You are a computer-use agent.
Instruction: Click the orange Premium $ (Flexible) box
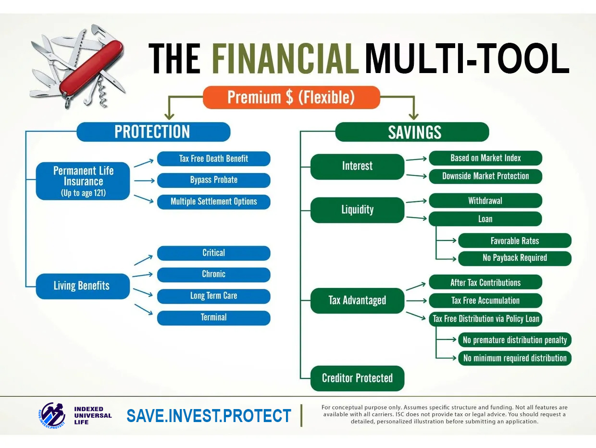291,97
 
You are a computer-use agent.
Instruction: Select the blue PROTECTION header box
153,132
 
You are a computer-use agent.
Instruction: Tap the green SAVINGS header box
412,132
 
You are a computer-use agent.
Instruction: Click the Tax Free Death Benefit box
214,159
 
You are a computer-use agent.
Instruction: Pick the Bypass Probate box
214,180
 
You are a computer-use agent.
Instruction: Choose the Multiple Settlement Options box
214,202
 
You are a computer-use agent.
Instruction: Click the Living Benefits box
83,286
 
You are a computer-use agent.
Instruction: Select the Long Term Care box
214,296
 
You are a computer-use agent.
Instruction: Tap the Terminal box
214,318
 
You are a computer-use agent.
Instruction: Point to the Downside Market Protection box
485,176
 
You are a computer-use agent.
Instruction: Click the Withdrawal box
485,200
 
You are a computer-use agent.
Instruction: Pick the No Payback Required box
515,258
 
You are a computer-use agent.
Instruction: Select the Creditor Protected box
357,378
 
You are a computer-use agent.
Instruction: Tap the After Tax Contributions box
485,282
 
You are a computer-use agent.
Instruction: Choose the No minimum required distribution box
515,358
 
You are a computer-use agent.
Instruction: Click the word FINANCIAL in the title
285,59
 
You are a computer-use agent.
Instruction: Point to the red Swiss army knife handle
91,68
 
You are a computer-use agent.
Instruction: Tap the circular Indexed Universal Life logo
51,415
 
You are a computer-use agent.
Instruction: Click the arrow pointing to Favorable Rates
446,240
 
